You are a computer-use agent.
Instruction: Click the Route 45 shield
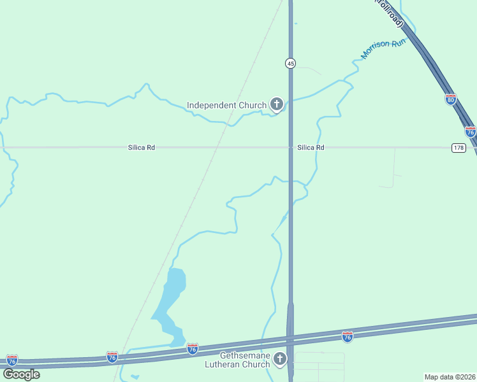(290, 63)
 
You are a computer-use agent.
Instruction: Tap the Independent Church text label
(226, 105)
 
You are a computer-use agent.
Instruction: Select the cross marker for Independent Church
(276, 104)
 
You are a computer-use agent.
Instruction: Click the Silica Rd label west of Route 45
(142, 148)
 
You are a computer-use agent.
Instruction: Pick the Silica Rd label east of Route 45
(311, 148)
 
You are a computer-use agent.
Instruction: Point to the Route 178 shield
(459, 148)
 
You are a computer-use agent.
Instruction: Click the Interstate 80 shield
(450, 99)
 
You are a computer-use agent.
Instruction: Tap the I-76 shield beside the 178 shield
(470, 132)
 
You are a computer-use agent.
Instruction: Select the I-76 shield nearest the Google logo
(11, 360)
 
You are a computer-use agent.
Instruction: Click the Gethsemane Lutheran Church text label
(245, 360)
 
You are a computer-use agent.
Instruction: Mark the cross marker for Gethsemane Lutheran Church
(279, 360)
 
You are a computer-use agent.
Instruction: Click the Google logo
(21, 374)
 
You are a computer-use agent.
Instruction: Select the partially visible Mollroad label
(390, 12)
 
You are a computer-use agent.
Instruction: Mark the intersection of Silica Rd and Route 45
(290, 148)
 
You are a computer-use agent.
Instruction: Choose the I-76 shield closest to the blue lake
(192, 348)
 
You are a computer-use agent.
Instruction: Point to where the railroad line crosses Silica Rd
(217, 148)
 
